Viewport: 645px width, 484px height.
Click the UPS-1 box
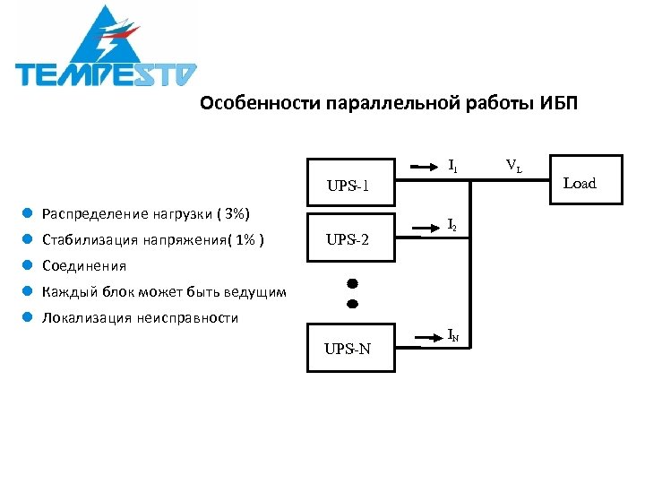352,185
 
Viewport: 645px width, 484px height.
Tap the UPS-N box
352,348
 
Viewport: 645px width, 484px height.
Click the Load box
579,184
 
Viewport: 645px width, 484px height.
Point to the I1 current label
453,165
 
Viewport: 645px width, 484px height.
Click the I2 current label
453,226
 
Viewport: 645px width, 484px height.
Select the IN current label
454,335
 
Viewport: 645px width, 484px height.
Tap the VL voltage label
514,165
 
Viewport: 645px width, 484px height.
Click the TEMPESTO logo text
106,73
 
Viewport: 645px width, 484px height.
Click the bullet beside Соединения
29,265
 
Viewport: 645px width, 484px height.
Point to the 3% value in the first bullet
234,214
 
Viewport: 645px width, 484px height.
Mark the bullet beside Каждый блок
29,291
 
